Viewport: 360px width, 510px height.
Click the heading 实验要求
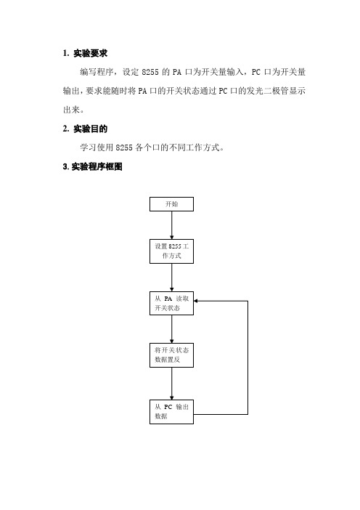click(x=90, y=53)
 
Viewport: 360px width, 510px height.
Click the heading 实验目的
click(x=90, y=129)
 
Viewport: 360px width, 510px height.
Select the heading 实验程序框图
click(x=97, y=166)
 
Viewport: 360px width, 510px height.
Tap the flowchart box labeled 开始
click(x=171, y=204)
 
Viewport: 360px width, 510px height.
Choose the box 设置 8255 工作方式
click(x=171, y=251)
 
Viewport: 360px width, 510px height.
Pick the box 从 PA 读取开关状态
click(x=171, y=303)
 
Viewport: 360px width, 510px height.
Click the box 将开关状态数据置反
click(x=171, y=355)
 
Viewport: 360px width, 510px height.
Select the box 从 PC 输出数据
click(x=171, y=412)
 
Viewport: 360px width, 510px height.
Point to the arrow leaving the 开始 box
click(x=171, y=225)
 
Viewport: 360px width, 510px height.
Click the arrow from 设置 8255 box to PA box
click(x=171, y=278)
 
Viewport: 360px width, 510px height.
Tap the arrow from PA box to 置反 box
click(x=171, y=329)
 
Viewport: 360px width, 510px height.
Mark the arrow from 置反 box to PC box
click(x=171, y=384)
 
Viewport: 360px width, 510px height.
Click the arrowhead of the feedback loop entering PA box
click(x=196, y=301)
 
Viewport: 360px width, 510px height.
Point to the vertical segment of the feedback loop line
click(x=248, y=357)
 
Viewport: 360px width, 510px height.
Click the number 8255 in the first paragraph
click(x=150, y=72)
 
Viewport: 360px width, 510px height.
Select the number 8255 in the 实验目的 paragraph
click(x=124, y=147)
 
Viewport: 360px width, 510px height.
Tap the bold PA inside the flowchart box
click(x=168, y=299)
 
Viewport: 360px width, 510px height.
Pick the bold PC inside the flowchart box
click(x=168, y=407)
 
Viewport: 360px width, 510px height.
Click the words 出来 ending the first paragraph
click(x=71, y=110)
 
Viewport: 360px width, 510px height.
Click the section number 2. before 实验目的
click(x=66, y=129)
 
